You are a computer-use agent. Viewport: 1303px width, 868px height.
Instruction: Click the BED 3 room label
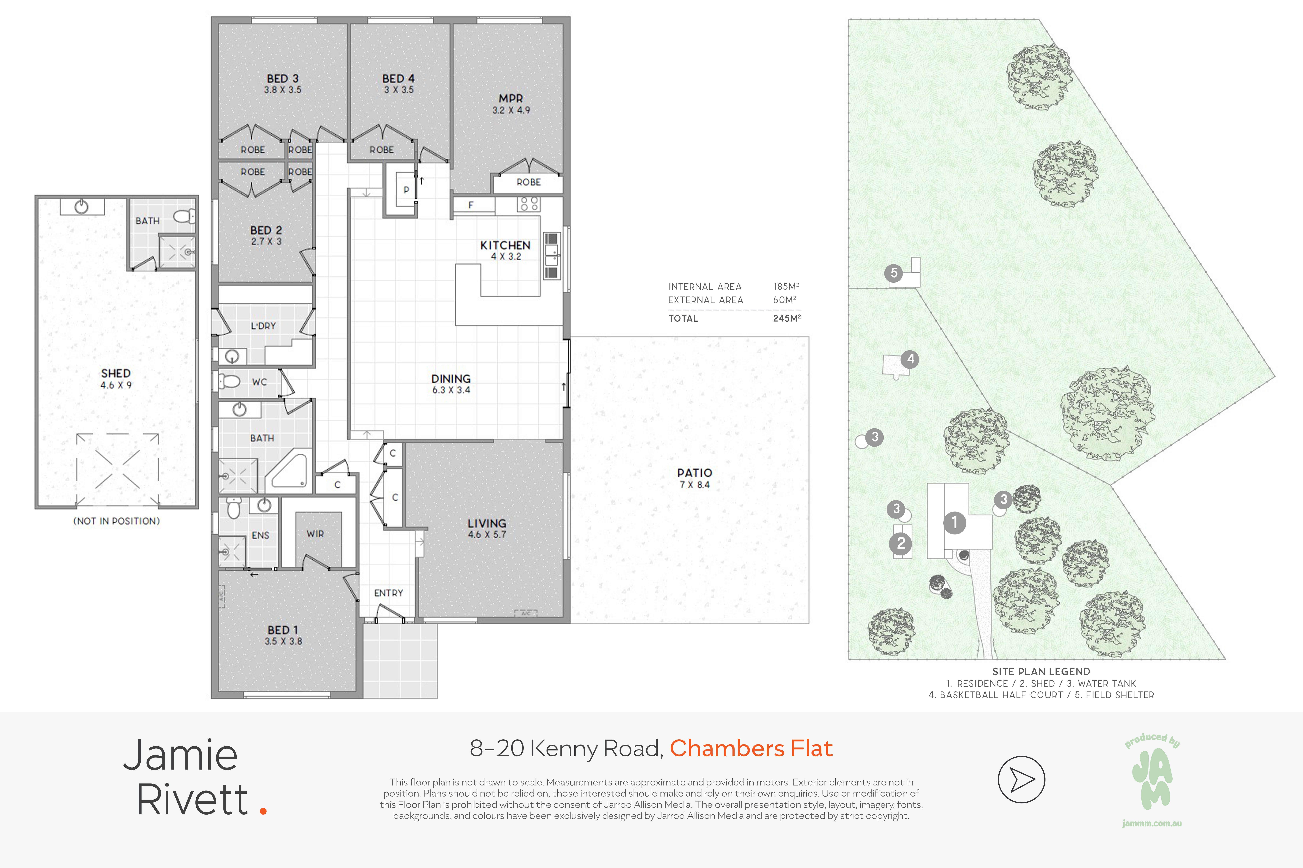coord(282,79)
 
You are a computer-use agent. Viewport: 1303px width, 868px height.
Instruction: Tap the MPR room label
coord(511,99)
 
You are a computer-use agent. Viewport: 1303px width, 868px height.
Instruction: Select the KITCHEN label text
coord(505,245)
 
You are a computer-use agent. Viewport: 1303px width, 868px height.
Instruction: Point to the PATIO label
coord(694,473)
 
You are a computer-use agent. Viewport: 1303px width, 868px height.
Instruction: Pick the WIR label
coord(315,534)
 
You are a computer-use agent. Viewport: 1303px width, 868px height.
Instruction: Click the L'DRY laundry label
coord(263,326)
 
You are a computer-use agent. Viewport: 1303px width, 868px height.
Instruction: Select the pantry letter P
coord(406,190)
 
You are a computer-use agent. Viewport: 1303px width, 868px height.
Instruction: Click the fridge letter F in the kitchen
coord(471,205)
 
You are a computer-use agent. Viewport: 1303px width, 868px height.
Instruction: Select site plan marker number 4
coord(910,359)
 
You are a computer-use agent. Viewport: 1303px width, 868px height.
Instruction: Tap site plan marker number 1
coord(954,522)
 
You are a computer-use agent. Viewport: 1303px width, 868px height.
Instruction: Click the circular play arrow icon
coord(1021,779)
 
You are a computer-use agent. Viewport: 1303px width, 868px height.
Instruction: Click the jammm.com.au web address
coord(1152,823)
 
